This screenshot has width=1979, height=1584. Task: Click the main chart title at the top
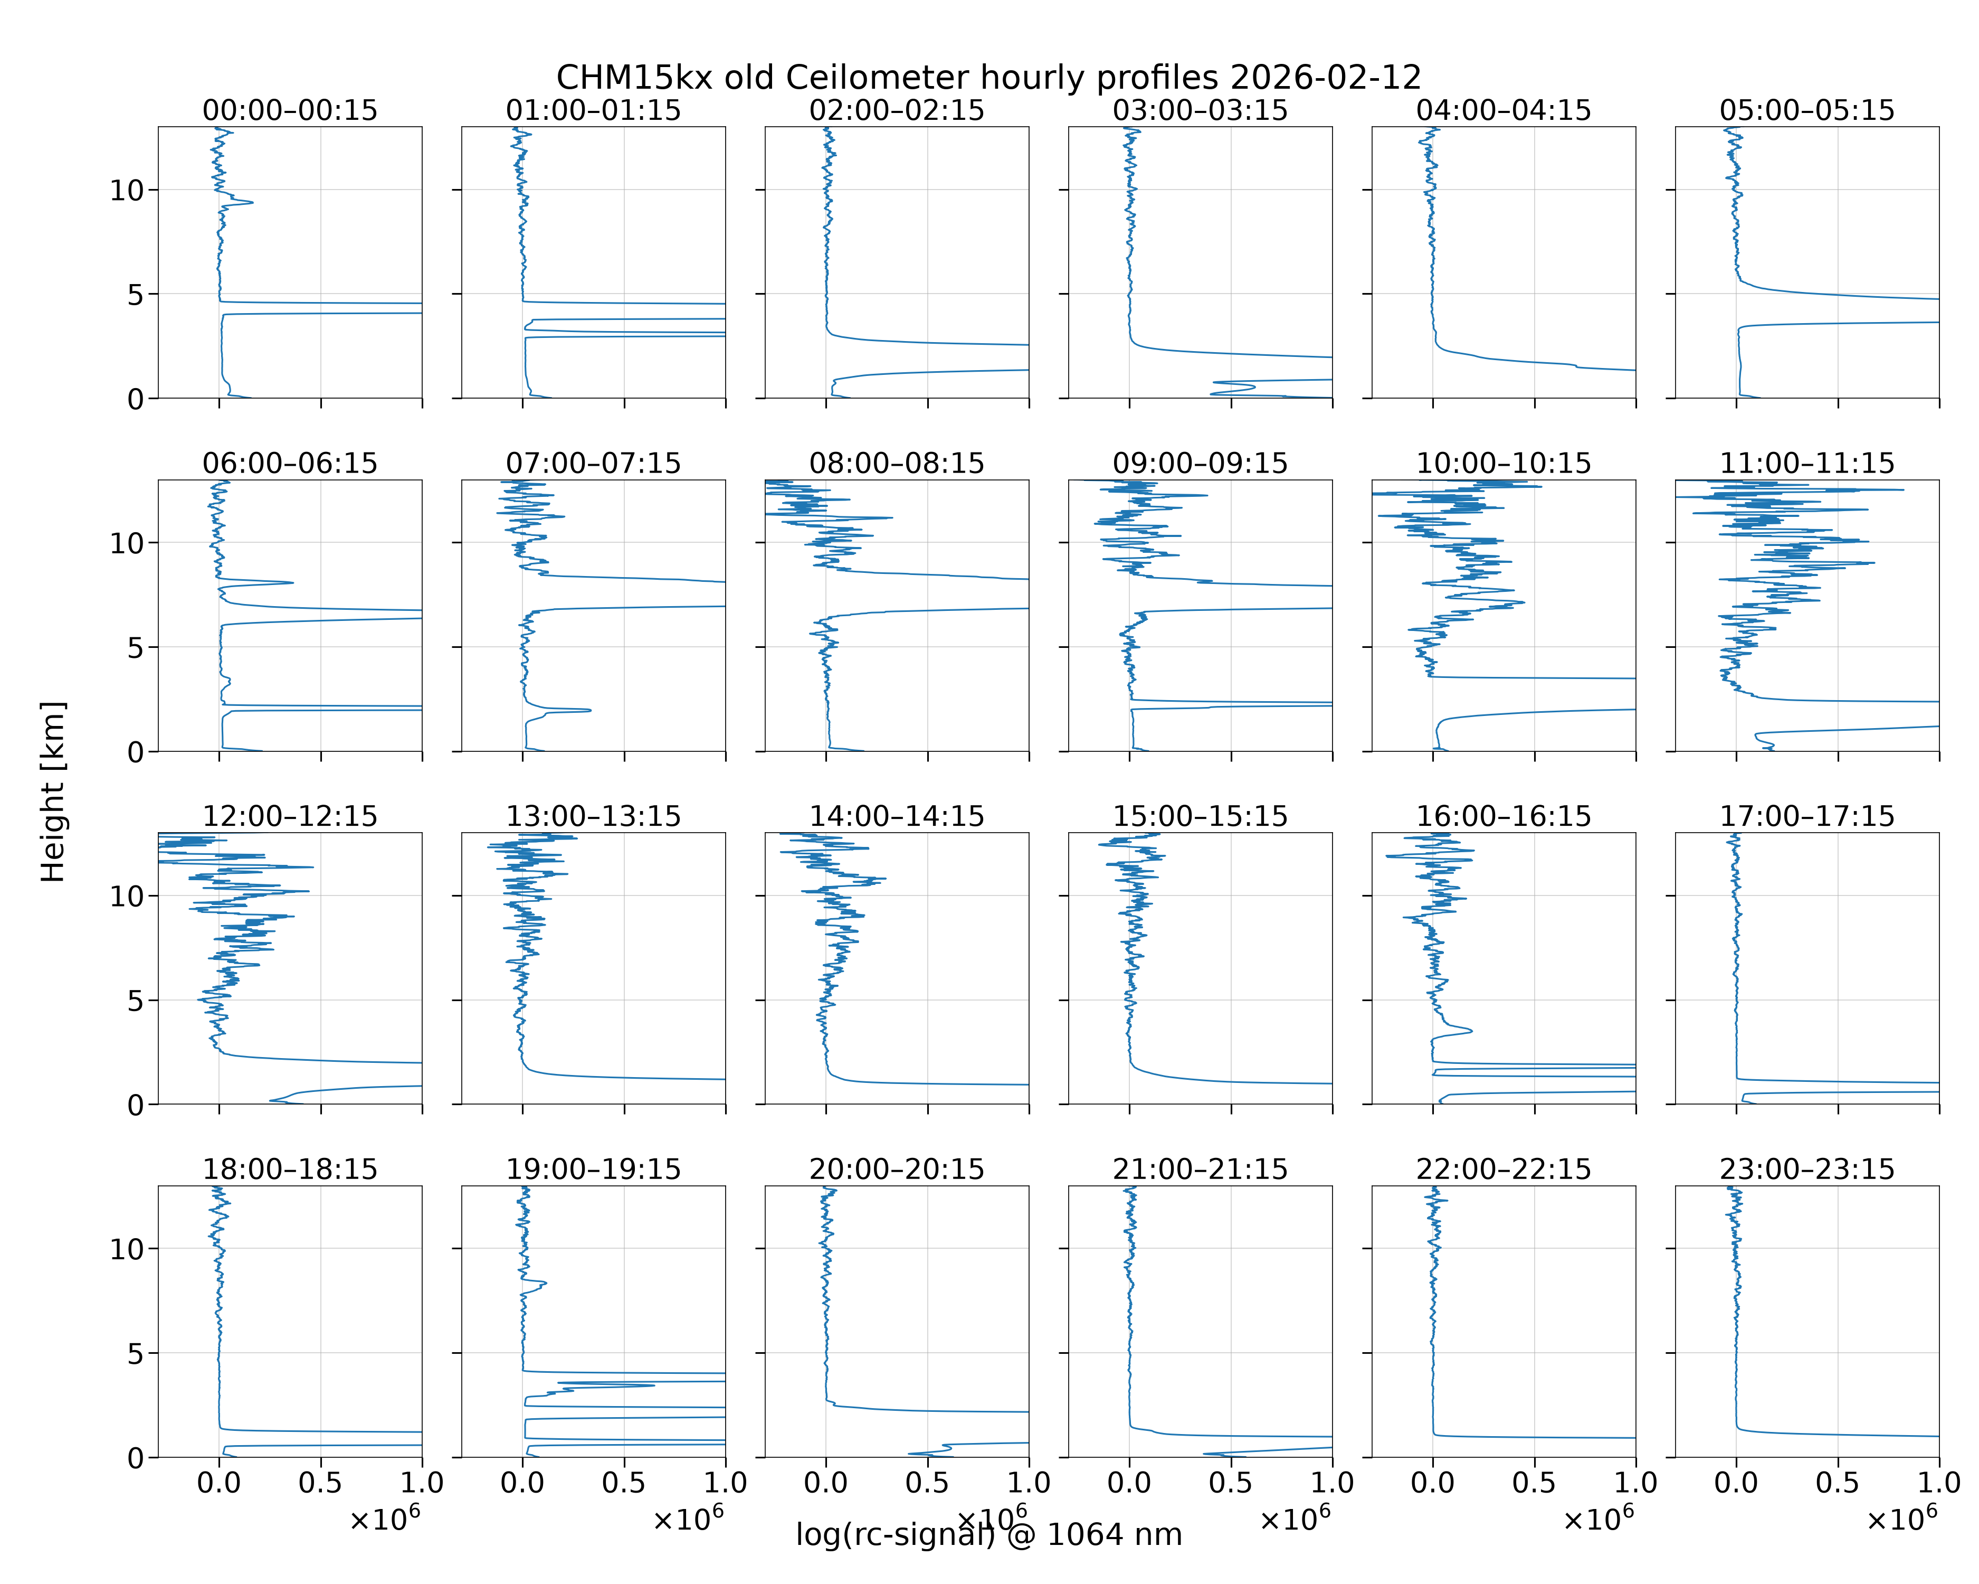click(988, 77)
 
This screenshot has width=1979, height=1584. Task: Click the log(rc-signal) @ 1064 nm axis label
click(988, 1534)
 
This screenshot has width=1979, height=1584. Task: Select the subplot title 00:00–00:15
click(290, 110)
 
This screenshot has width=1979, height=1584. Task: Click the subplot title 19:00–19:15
click(594, 1169)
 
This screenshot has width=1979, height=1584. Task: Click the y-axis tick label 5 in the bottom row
click(136, 1353)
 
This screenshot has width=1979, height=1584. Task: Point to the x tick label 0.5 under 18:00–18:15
click(320, 1482)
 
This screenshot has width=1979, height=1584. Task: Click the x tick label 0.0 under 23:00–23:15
click(1736, 1482)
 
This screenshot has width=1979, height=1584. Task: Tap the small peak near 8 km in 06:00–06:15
click(292, 582)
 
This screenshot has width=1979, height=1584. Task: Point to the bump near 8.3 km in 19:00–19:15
click(545, 1283)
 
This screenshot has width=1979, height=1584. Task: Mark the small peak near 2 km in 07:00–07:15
click(589, 710)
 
